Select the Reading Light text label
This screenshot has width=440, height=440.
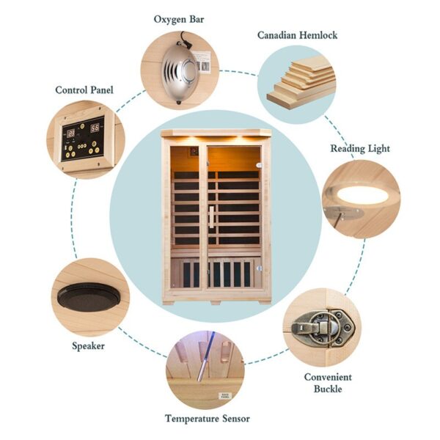point(360,149)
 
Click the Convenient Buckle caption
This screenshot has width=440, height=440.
point(328,383)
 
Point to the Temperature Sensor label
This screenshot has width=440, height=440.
point(208,419)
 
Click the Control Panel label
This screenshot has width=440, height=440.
point(84,90)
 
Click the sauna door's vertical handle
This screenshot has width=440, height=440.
point(211,217)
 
